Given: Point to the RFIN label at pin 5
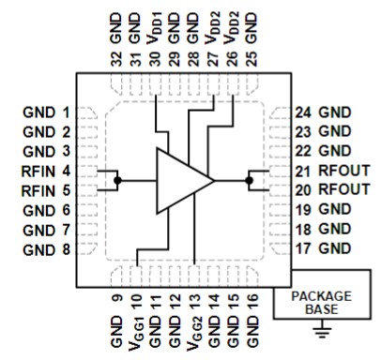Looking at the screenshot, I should (37, 190).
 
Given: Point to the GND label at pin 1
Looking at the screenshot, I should (37, 112).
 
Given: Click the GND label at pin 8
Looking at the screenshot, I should (37, 249).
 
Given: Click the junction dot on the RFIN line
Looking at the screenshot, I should (117, 179).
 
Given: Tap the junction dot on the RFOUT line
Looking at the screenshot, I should (250, 179).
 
